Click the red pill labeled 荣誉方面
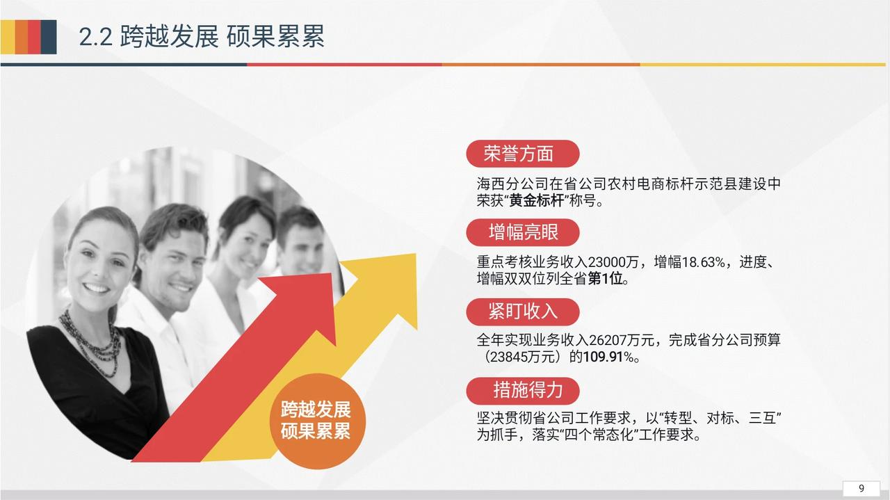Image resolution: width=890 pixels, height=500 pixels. coord(522,154)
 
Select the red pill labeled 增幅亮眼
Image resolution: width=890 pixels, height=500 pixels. coord(522,232)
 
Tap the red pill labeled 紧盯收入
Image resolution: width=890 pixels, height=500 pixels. coord(522,312)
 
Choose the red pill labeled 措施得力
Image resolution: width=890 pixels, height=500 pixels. coord(522,390)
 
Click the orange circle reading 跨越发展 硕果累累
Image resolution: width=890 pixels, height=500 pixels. coord(316,421)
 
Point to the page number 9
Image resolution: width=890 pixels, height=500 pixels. coord(861,488)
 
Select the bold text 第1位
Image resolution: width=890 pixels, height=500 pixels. coord(605,279)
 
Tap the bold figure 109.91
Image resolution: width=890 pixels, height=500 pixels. coord(603,357)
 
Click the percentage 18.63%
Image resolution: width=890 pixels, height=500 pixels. coord(703,262)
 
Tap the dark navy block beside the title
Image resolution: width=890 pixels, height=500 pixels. coord(49,37)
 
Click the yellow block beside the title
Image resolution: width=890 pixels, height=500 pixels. coord(8,37)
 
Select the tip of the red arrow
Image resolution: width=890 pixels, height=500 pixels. coord(332,273)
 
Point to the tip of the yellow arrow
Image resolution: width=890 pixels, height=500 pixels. coord(416,254)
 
